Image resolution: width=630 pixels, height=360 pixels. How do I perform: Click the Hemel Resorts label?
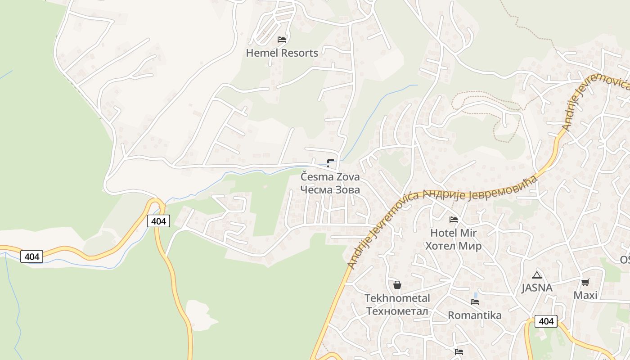click(282, 53)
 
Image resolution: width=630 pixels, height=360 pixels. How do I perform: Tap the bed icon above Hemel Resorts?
click(282, 40)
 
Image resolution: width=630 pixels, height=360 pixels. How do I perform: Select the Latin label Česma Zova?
click(330, 176)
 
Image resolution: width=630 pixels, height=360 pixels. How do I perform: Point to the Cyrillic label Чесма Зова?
click(330, 189)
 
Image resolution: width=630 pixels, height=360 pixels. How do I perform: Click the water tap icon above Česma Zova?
click(331, 163)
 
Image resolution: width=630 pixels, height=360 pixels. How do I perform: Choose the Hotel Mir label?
click(453, 233)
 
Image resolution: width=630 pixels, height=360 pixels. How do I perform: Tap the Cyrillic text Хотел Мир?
click(453, 246)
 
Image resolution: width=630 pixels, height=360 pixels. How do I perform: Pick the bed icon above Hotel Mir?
click(454, 220)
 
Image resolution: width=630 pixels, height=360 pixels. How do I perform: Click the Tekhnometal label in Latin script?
click(397, 298)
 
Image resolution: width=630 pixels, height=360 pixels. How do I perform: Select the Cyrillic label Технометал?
click(397, 311)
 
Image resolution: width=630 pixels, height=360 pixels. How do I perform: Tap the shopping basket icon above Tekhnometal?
click(397, 285)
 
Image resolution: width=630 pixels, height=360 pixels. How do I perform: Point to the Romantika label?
click(475, 315)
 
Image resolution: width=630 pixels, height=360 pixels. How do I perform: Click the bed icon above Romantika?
click(475, 302)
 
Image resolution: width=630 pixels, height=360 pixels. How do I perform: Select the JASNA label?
click(536, 288)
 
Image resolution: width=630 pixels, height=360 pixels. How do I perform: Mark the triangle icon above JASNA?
click(536, 275)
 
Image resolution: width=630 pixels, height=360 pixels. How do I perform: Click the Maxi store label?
click(585, 295)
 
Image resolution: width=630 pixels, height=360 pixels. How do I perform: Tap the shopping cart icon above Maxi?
click(585, 283)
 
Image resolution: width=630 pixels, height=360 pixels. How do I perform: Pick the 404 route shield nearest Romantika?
click(546, 321)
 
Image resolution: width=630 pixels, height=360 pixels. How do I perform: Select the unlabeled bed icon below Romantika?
click(459, 352)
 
